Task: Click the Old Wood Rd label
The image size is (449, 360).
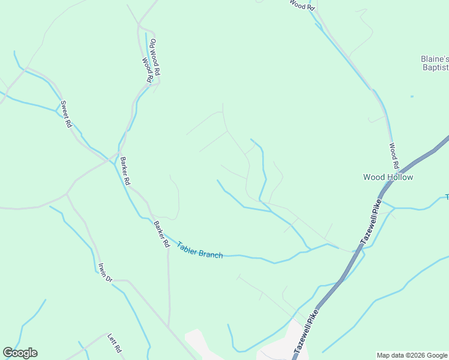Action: [x=155, y=57]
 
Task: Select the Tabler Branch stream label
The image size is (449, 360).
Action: [x=200, y=250]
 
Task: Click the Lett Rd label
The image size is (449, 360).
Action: [x=115, y=343]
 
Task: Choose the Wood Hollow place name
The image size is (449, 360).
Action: [x=388, y=177]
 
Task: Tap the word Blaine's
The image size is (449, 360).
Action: [x=434, y=59]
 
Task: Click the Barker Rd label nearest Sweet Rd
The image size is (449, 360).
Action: [x=125, y=171]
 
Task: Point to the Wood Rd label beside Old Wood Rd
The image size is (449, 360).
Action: [x=147, y=70]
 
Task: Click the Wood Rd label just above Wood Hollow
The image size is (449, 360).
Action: [x=394, y=155]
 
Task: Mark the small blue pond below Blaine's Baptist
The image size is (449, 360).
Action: [x=412, y=96]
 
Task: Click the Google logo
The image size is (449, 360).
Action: [x=20, y=353]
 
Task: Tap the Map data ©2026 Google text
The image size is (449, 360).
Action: [x=412, y=355]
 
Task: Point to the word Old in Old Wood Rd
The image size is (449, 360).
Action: [x=153, y=43]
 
